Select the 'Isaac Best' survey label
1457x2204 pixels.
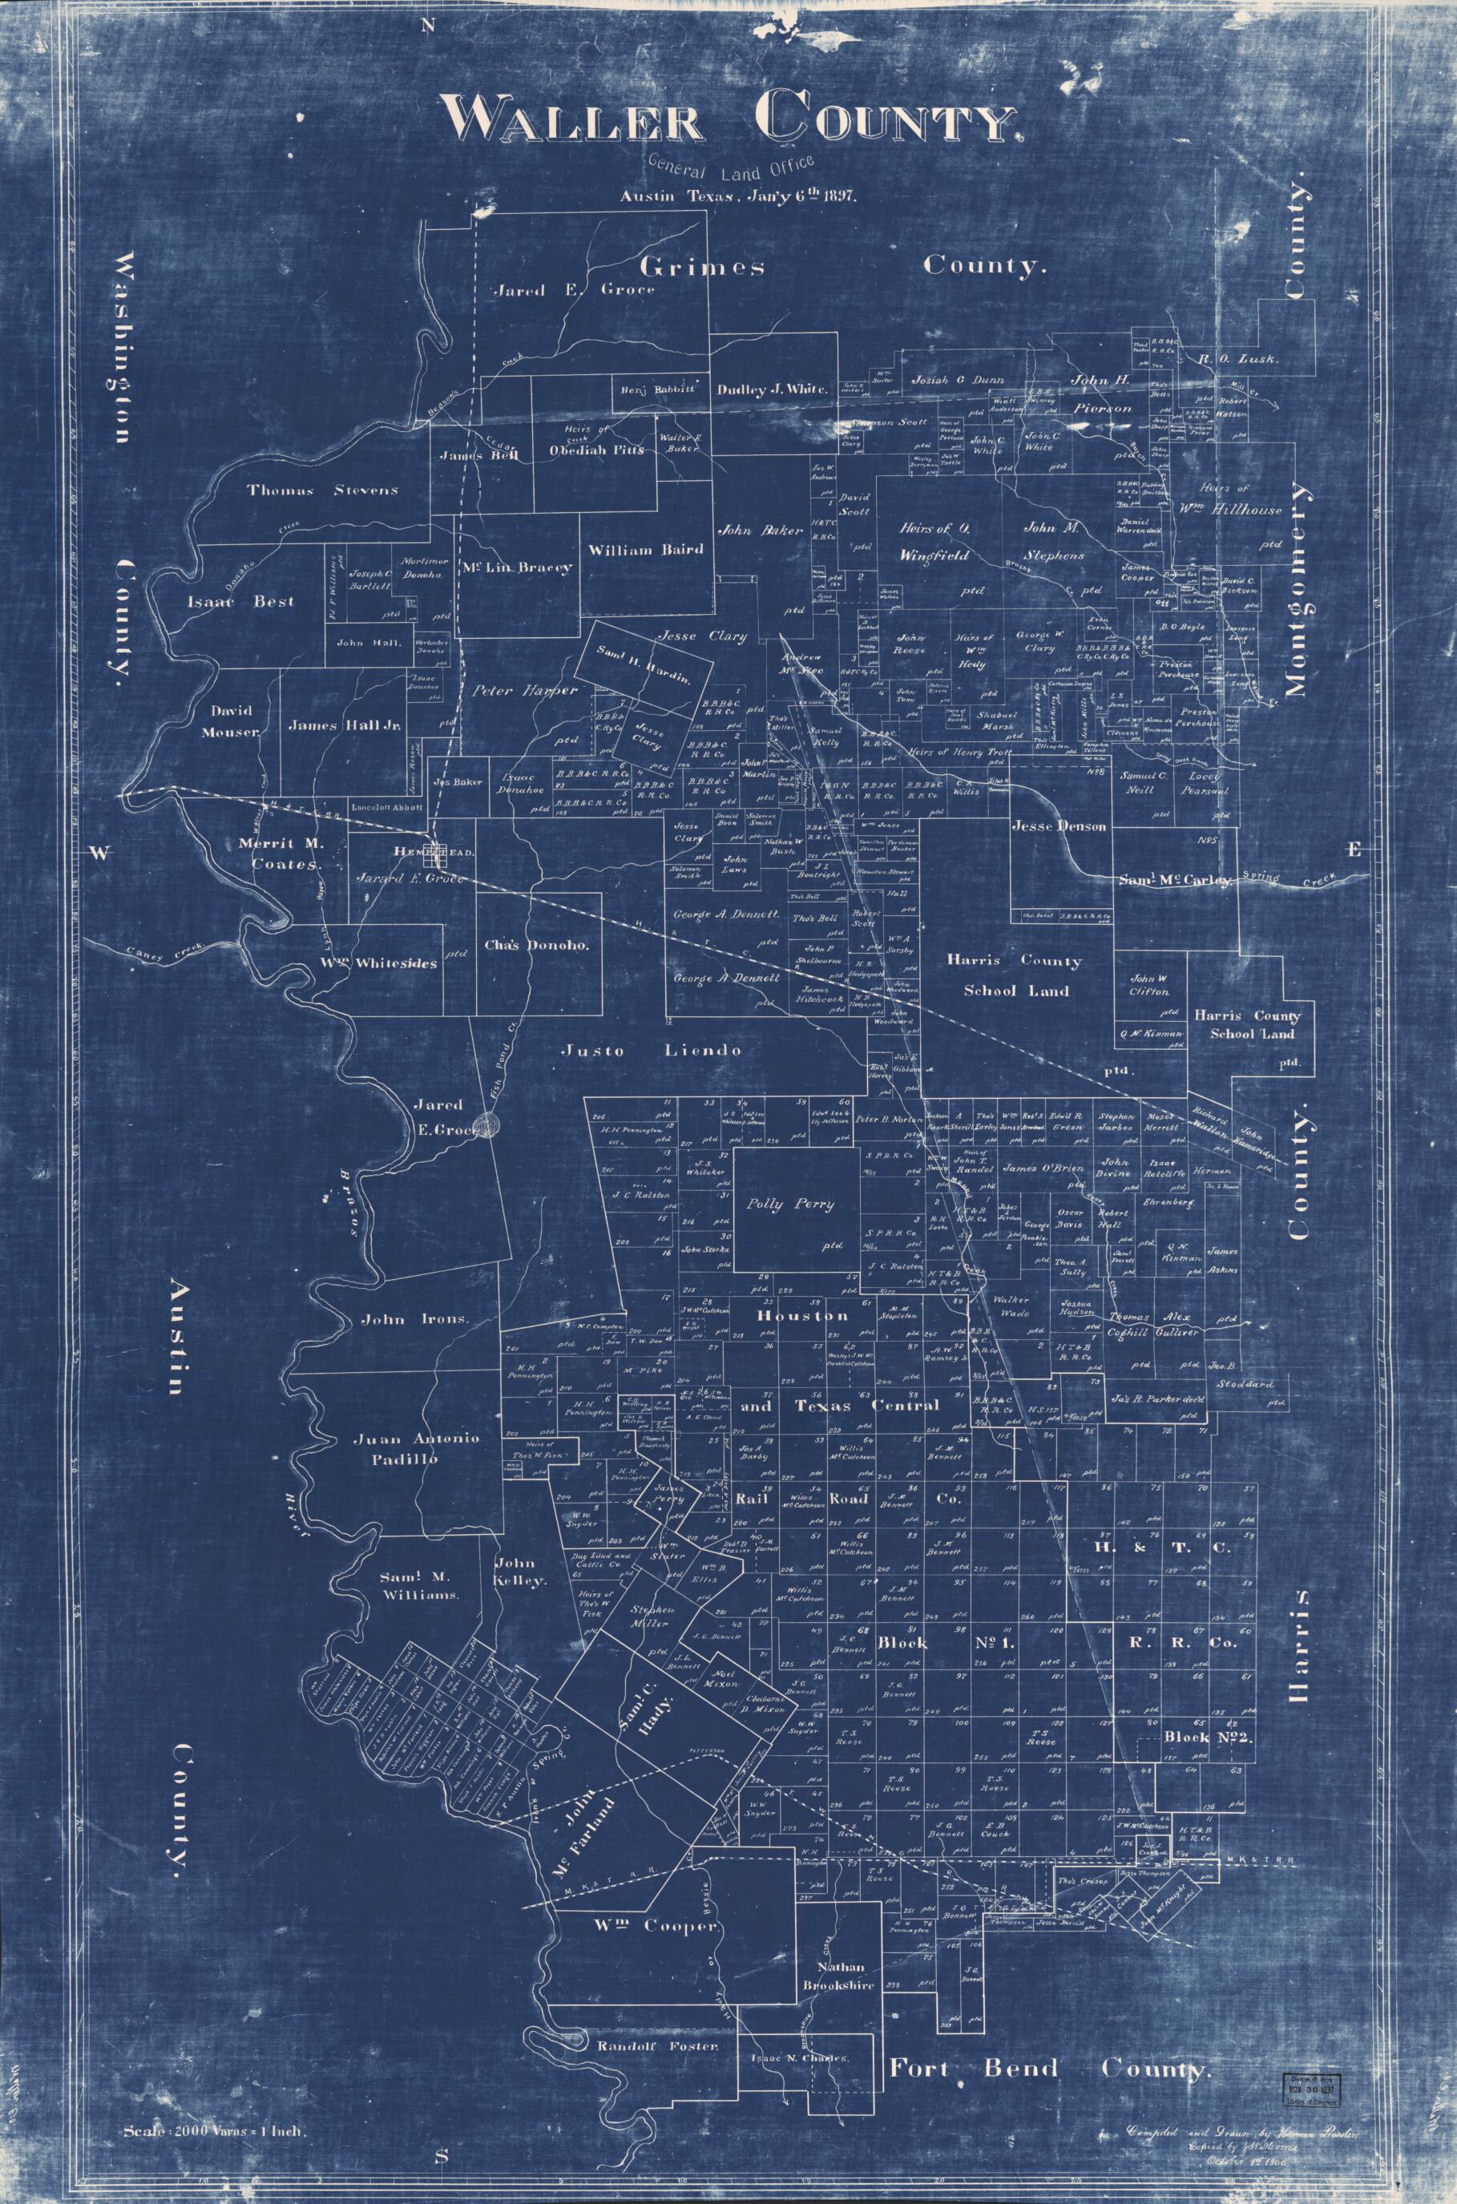[x=240, y=601]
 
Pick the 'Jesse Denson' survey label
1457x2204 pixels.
[x=1059, y=826]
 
